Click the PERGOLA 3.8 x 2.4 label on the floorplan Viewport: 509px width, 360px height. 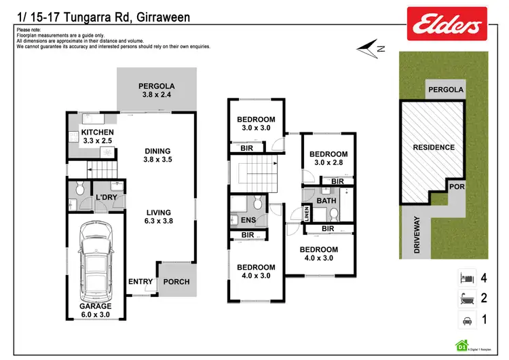(x=157, y=91)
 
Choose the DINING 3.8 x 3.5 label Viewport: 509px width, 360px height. (x=157, y=156)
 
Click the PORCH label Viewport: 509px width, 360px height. (x=176, y=282)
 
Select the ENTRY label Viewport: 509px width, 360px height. (x=140, y=282)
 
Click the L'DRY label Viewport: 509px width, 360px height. (x=108, y=197)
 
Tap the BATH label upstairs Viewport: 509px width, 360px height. (x=326, y=200)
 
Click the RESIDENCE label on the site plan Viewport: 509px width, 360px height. (x=434, y=147)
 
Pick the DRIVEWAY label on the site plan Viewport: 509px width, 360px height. (x=418, y=234)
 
